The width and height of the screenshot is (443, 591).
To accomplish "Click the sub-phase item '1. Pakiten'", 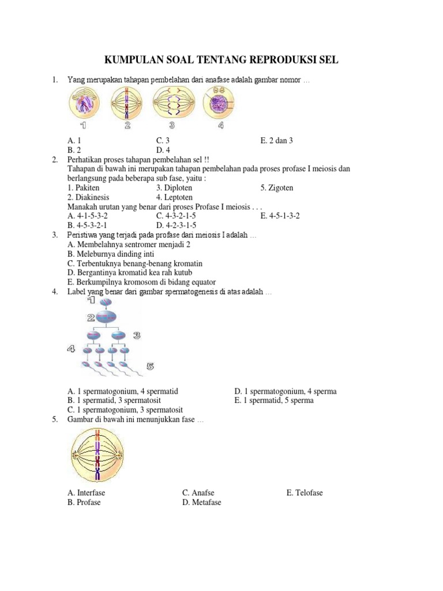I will pyautogui.click(x=84, y=188).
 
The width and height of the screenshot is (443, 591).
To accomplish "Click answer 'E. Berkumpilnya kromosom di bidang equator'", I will pyautogui.click(x=141, y=282).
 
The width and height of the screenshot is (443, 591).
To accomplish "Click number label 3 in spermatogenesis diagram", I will pyautogui.click(x=137, y=335).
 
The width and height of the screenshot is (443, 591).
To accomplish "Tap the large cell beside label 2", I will pyautogui.click(x=106, y=316).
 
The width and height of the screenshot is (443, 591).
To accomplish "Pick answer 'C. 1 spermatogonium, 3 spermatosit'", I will pyautogui.click(x=123, y=410).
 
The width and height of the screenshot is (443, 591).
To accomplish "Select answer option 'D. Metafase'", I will pyautogui.click(x=202, y=502).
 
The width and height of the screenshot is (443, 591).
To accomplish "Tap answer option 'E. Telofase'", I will pyautogui.click(x=305, y=493).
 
